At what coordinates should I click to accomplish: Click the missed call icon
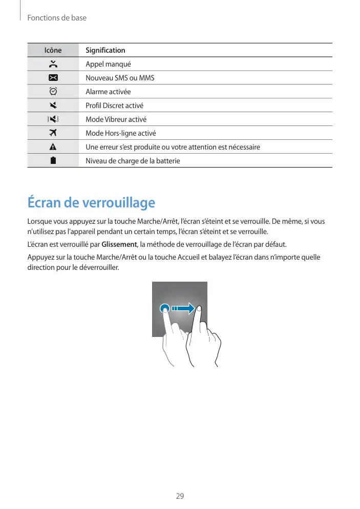(53, 64)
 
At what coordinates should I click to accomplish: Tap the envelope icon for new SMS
(53, 78)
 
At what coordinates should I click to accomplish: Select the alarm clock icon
(53, 92)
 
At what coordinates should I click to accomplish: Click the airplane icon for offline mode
(53, 133)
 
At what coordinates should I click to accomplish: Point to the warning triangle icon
(53, 147)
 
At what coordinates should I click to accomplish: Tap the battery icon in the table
(53, 161)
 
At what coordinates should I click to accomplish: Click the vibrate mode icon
(53, 119)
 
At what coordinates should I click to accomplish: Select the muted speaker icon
(53, 105)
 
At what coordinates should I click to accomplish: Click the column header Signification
(105, 50)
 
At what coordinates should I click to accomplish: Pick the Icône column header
(53, 50)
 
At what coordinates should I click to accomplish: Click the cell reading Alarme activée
(108, 92)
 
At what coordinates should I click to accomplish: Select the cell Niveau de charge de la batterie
(133, 161)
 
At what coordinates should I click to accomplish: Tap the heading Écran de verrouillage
(91, 203)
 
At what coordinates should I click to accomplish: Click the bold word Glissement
(119, 244)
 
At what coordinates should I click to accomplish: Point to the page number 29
(180, 496)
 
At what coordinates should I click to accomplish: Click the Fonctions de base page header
(57, 18)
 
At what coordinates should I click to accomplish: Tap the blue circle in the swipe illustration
(164, 308)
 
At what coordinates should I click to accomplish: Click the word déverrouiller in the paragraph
(98, 267)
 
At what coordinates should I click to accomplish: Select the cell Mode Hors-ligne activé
(121, 133)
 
